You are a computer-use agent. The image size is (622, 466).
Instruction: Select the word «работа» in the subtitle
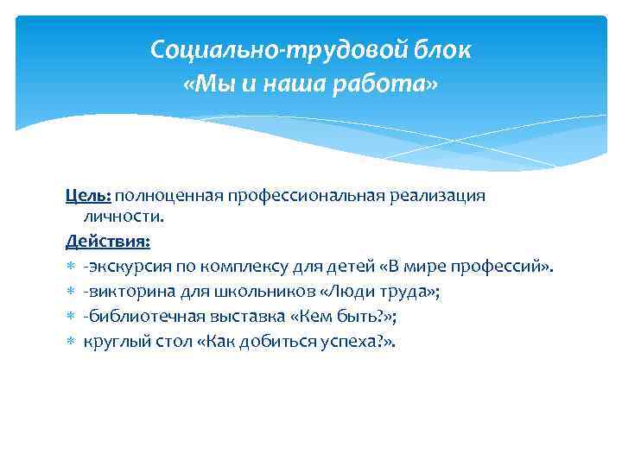(390, 85)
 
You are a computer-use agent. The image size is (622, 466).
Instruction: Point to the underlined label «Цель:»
(88, 196)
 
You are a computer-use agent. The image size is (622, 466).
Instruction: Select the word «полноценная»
(169, 196)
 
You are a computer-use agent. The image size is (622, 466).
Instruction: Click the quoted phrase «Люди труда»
(368, 293)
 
